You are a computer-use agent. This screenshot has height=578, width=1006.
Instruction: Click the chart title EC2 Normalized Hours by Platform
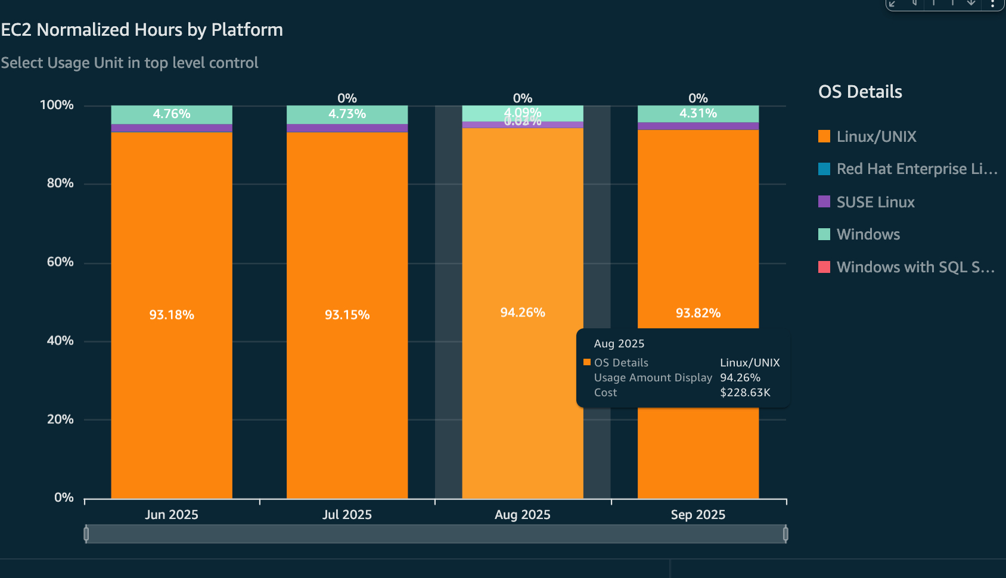[142, 30]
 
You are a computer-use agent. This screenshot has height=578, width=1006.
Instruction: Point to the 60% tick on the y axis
[60, 262]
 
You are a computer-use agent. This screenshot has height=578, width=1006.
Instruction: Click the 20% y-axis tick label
[60, 419]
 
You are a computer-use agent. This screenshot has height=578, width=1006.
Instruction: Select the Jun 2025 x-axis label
[172, 515]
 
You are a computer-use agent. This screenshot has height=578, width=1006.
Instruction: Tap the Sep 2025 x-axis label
[698, 515]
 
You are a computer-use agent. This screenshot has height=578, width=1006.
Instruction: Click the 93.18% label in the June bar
[172, 315]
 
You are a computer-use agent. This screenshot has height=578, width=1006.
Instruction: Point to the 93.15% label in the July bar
[347, 315]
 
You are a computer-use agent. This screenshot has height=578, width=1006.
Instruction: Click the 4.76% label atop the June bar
[172, 114]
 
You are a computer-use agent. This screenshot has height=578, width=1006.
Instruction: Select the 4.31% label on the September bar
[698, 113]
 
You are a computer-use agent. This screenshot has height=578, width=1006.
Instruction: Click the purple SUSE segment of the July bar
[347, 128]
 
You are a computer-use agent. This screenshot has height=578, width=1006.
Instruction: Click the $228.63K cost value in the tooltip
[745, 393]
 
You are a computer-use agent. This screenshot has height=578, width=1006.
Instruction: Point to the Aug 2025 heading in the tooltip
[619, 344]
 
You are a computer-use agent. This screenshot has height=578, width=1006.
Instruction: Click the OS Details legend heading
[860, 92]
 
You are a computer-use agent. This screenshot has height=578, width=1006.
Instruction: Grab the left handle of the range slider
[86, 534]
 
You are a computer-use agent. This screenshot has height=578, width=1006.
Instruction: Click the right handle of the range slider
[785, 534]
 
